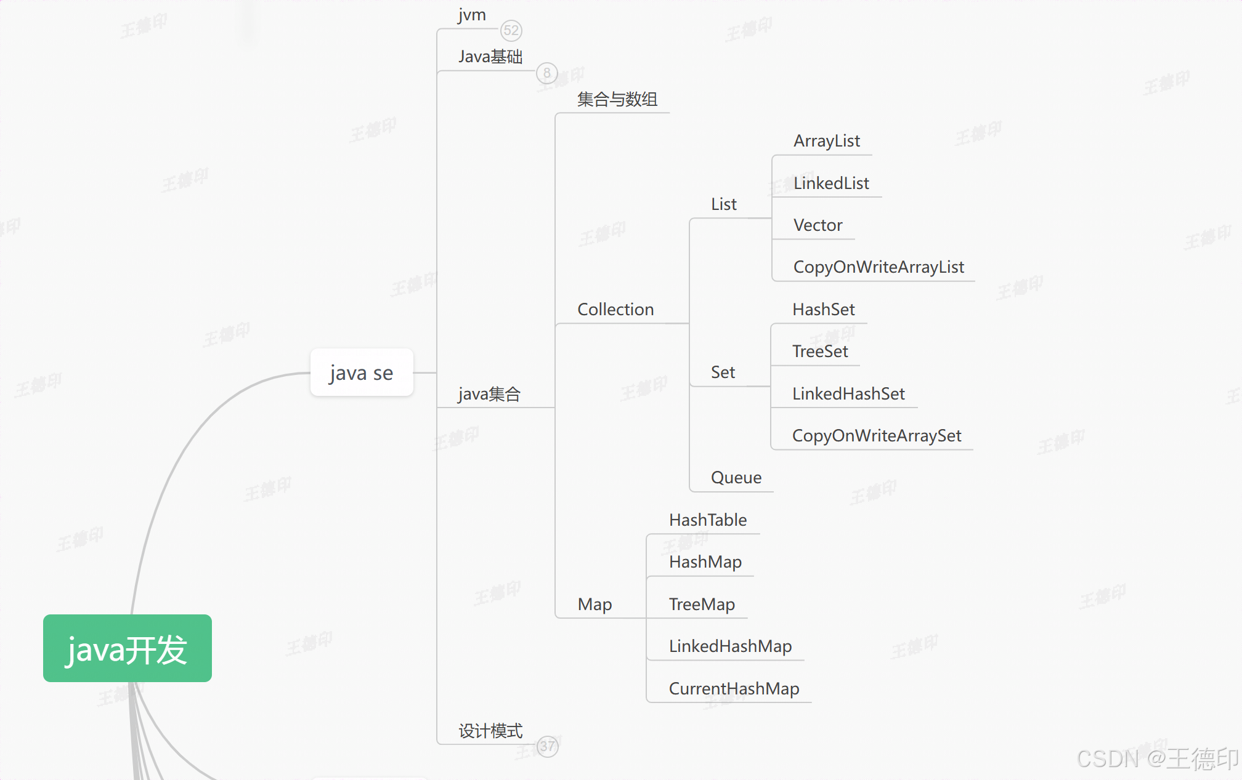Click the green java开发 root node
point(127,648)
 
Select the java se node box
point(362,372)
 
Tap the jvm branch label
point(472,15)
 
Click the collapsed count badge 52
point(511,30)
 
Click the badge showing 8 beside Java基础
point(546,73)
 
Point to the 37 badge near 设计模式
point(547,746)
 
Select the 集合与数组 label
point(617,99)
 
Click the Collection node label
point(615,309)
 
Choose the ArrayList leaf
point(827,141)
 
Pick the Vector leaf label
point(818,225)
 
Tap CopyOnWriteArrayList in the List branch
point(879,267)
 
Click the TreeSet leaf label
point(820,352)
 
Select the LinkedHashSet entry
point(848,394)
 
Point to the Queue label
point(736,478)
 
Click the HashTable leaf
point(708,520)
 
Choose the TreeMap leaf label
point(702,605)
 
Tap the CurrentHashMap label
point(734,688)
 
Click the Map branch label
point(595,605)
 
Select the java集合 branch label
point(489,394)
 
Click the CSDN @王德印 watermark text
point(1157,758)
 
